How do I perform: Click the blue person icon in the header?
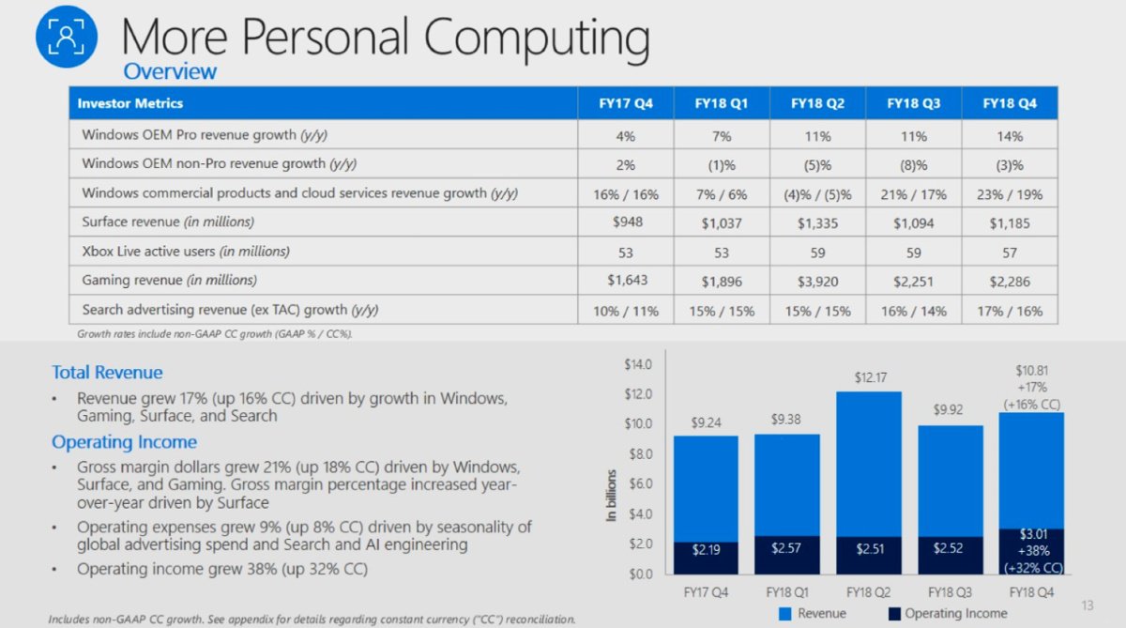pyautogui.click(x=66, y=37)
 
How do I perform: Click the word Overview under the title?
pyautogui.click(x=170, y=71)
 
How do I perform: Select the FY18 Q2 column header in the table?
pyautogui.click(x=817, y=103)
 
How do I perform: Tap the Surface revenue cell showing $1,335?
pyautogui.click(x=817, y=222)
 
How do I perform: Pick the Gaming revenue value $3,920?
pyautogui.click(x=817, y=280)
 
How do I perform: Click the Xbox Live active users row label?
pyautogui.click(x=186, y=252)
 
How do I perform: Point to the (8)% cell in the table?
pyautogui.click(x=913, y=164)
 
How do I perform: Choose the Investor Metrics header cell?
pyautogui.click(x=130, y=103)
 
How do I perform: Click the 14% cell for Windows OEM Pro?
pyautogui.click(x=1010, y=136)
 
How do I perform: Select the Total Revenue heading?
pyautogui.click(x=107, y=373)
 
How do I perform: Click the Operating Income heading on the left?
pyautogui.click(x=124, y=442)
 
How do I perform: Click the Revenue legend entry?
pyautogui.click(x=813, y=614)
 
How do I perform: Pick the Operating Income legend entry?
pyautogui.click(x=946, y=614)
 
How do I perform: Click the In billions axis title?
pyautogui.click(x=611, y=496)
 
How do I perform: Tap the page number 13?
pyautogui.click(x=1088, y=605)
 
